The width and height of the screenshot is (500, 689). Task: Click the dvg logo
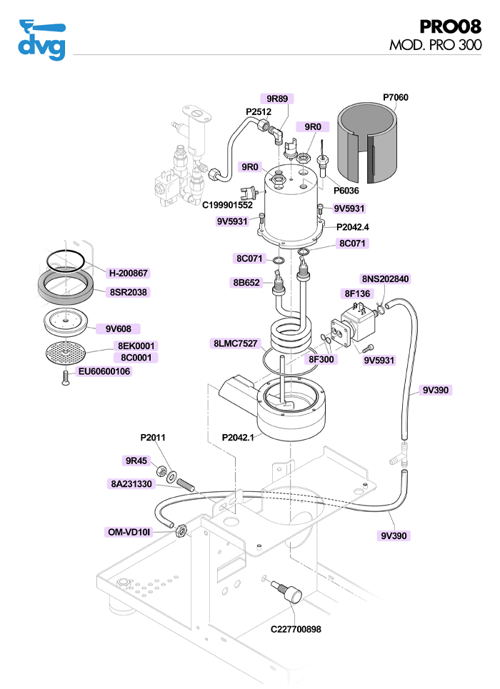click(41, 41)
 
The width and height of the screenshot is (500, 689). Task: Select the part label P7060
click(396, 97)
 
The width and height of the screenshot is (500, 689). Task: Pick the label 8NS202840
click(386, 278)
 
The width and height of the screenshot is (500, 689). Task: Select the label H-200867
click(129, 273)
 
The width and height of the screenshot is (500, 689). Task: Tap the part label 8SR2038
click(129, 292)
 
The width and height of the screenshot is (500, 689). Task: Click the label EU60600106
click(105, 371)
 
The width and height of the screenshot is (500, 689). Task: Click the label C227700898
click(296, 630)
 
